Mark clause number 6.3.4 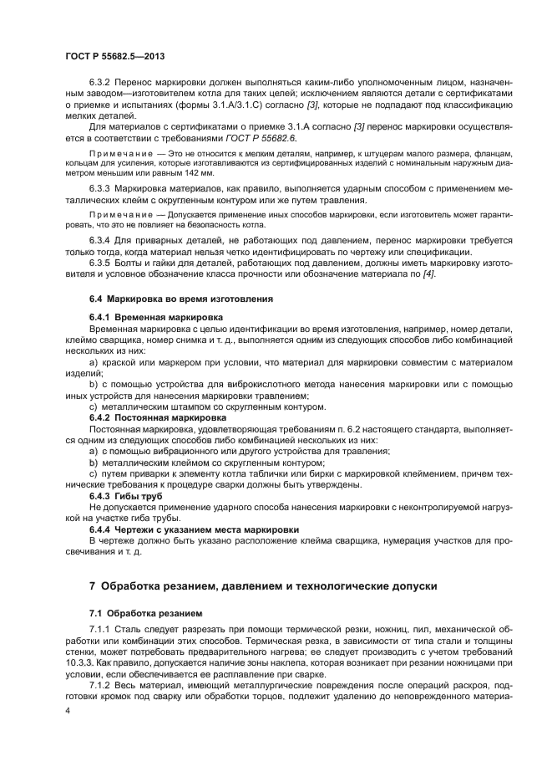(x=101, y=240)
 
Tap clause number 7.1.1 (x=100, y=627)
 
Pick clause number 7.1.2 (x=100, y=682)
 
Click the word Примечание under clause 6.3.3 (x=117, y=214)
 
